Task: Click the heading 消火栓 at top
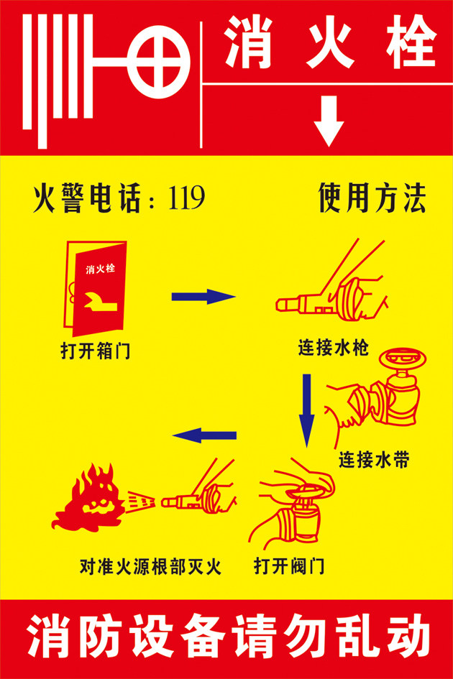[331, 45]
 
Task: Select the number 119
[186, 198]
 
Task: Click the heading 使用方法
[372, 198]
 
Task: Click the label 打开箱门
[95, 352]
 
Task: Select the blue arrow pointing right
[203, 296]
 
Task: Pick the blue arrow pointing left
[205, 435]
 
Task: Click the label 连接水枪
[333, 349]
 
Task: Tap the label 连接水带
[374, 460]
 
